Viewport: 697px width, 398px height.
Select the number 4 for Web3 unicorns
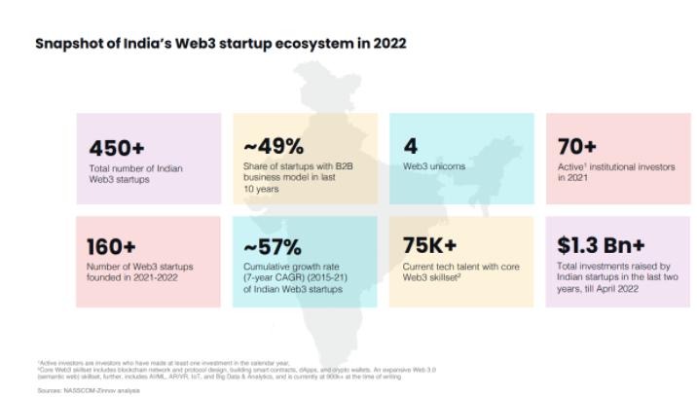click(410, 147)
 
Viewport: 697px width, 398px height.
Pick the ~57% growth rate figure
click(275, 246)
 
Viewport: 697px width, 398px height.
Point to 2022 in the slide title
click(385, 44)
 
